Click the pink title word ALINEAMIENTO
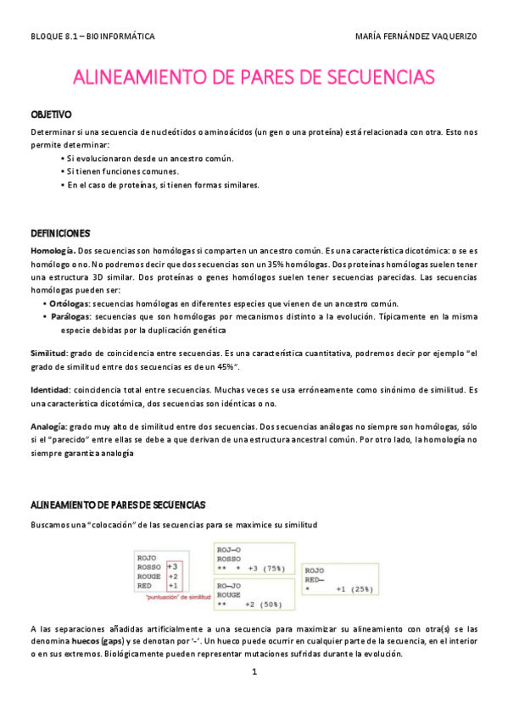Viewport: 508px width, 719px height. (x=136, y=78)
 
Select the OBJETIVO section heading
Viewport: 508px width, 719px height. (x=51, y=114)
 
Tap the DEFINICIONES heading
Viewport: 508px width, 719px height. (x=60, y=232)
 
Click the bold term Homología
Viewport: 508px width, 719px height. (x=53, y=251)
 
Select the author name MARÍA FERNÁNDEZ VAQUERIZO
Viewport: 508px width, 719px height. (x=418, y=37)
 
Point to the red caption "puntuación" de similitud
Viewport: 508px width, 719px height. (x=181, y=596)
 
